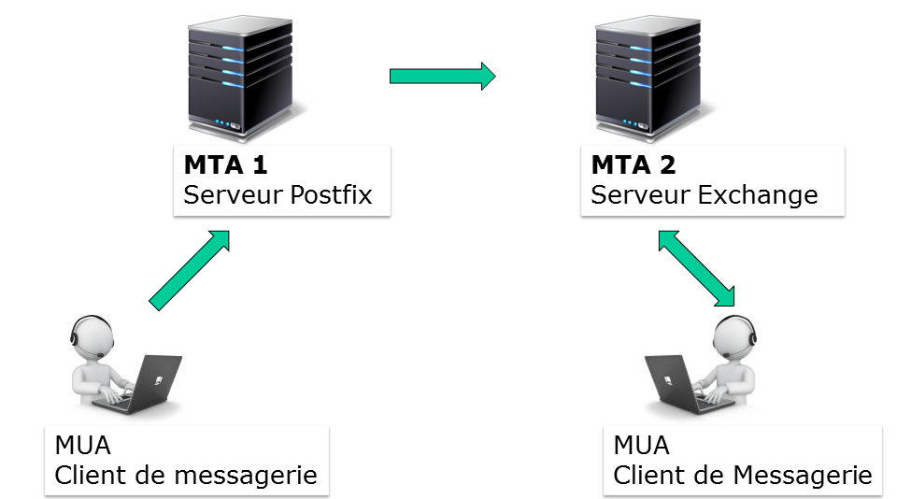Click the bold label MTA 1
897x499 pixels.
(225, 165)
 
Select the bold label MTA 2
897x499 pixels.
(633, 165)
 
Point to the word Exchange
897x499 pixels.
(758, 195)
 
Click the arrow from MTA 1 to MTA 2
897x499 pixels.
(441, 76)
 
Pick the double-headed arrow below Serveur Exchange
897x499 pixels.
(696, 269)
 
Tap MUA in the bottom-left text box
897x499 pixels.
(82, 444)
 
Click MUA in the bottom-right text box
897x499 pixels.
(641, 444)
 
